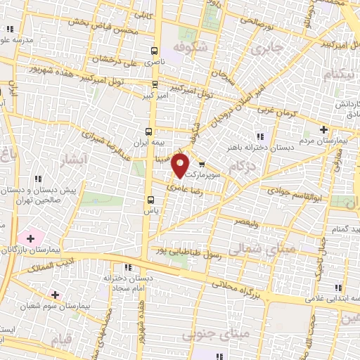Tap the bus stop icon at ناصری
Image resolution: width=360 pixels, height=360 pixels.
154,51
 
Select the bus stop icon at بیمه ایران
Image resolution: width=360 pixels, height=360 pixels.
148,131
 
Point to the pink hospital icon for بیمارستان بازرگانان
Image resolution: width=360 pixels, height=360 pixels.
30,238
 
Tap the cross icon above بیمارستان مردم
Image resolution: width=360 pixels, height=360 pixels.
323,129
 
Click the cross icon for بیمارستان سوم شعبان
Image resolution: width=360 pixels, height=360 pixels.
55,294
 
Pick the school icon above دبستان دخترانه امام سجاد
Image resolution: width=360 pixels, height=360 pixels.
127,268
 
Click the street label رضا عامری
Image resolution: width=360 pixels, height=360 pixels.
184,188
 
